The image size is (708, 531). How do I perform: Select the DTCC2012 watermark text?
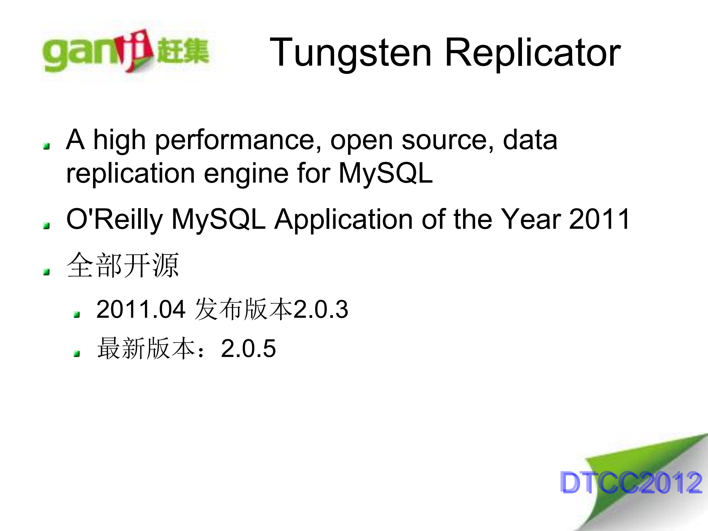(631, 482)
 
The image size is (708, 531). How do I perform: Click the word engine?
(246, 174)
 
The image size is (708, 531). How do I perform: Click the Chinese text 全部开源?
(123, 265)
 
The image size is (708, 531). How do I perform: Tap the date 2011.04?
(141, 309)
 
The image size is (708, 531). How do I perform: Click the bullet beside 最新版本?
(77, 354)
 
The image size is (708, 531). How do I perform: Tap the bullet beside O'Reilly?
(47, 226)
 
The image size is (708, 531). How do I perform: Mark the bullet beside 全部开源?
(47, 272)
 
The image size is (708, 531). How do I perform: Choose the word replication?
(130, 174)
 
